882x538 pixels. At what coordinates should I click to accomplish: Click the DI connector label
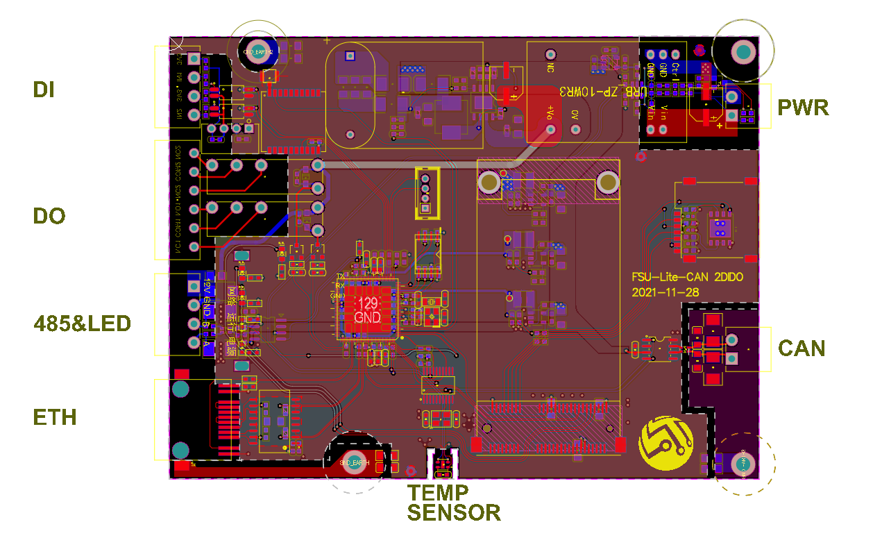(x=44, y=89)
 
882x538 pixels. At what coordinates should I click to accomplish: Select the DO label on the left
(x=49, y=216)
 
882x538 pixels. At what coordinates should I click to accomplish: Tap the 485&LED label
(x=83, y=323)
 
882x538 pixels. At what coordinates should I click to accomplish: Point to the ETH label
(x=55, y=417)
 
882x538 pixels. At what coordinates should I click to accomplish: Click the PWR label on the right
(x=803, y=108)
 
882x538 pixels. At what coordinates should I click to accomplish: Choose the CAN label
(x=802, y=348)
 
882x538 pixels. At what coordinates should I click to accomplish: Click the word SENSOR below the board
(x=454, y=513)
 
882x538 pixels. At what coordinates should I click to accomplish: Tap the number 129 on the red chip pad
(x=367, y=303)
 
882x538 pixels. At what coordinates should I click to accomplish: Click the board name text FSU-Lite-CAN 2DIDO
(x=687, y=276)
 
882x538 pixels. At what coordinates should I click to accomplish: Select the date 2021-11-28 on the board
(x=665, y=292)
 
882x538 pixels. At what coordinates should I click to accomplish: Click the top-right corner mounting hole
(x=743, y=52)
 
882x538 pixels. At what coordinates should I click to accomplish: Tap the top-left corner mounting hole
(x=257, y=51)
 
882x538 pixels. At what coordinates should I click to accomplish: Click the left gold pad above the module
(x=489, y=183)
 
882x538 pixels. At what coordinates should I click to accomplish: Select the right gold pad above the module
(x=608, y=183)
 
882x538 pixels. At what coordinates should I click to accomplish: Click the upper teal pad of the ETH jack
(x=180, y=389)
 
